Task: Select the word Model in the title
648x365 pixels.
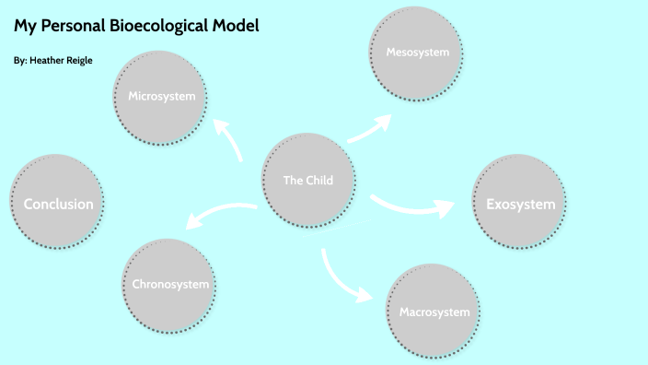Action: pos(237,26)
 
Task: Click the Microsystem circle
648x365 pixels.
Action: pos(159,96)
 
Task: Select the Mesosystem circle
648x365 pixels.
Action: pos(416,52)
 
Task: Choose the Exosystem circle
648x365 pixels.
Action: pos(519,204)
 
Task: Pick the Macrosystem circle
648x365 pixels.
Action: pos(434,312)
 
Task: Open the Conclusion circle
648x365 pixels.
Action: pos(58,204)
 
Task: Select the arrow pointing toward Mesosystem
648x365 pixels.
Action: pos(369,129)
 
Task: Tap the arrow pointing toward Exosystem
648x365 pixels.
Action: pos(412,206)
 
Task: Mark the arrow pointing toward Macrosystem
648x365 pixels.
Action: pos(342,277)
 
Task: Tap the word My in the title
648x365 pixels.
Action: pos(24,26)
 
